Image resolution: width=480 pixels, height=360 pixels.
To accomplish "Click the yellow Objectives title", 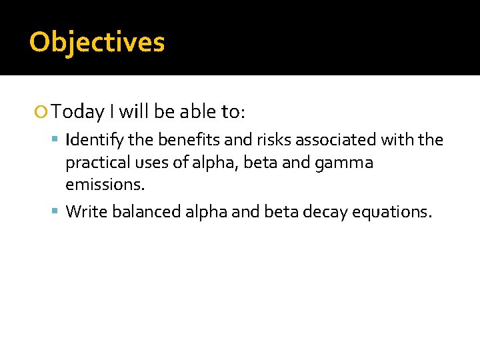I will [97, 42].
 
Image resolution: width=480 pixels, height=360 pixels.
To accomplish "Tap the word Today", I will [78, 112].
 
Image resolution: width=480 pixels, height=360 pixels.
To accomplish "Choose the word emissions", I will [105, 184].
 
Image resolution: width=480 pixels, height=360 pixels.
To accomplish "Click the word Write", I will [87, 212].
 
